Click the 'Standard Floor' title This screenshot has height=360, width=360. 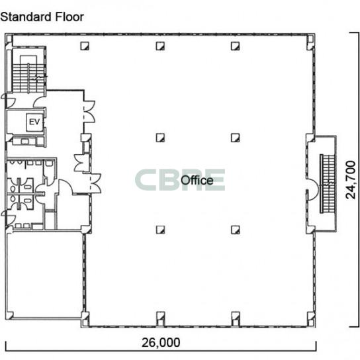(42, 17)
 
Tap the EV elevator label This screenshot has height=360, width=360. (34, 122)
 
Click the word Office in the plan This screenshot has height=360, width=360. (197, 180)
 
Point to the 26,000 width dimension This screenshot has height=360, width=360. (161, 343)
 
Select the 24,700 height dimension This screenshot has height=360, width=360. (351, 180)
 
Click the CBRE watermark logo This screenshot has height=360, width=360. (180, 180)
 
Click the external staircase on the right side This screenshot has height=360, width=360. (328, 183)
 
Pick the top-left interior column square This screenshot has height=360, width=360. (85, 46)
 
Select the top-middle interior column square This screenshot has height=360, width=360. (160, 46)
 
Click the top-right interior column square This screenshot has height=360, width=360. (236, 46)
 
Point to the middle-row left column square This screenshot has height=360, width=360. (160, 138)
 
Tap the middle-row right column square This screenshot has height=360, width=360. (236, 138)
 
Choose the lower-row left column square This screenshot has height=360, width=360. (160, 230)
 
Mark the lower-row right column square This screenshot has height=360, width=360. (236, 230)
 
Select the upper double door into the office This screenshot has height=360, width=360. (89, 112)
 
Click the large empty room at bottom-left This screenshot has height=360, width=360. (44, 275)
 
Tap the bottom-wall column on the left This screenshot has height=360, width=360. (161, 318)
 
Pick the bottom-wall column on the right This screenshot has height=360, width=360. (236, 318)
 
